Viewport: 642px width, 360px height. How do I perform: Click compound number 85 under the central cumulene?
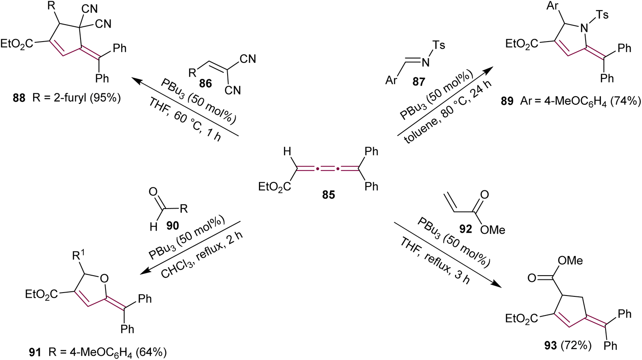click(x=328, y=195)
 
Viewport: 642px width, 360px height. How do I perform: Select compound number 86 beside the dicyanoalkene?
click(x=205, y=83)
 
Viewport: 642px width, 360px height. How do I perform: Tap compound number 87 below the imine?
click(x=419, y=81)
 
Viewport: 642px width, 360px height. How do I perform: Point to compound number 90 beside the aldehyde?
click(x=172, y=226)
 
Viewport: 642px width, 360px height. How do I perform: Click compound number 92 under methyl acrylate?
click(x=465, y=229)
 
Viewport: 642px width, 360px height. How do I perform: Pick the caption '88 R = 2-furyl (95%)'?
click(x=67, y=98)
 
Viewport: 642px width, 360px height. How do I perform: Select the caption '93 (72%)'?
click(x=567, y=346)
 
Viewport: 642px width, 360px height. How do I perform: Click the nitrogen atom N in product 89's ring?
click(x=584, y=28)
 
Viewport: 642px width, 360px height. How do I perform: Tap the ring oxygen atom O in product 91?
click(x=104, y=279)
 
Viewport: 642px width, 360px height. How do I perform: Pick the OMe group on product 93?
click(x=570, y=260)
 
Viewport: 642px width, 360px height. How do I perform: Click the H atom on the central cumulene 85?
click(x=287, y=151)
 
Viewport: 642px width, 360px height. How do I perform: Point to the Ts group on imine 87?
click(x=439, y=45)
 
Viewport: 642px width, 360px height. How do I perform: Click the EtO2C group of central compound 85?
click(x=275, y=187)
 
